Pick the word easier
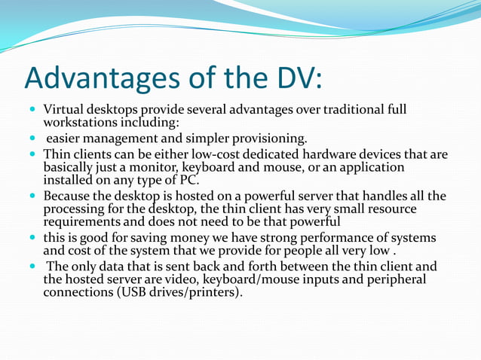click(66, 138)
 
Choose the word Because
click(70, 197)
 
